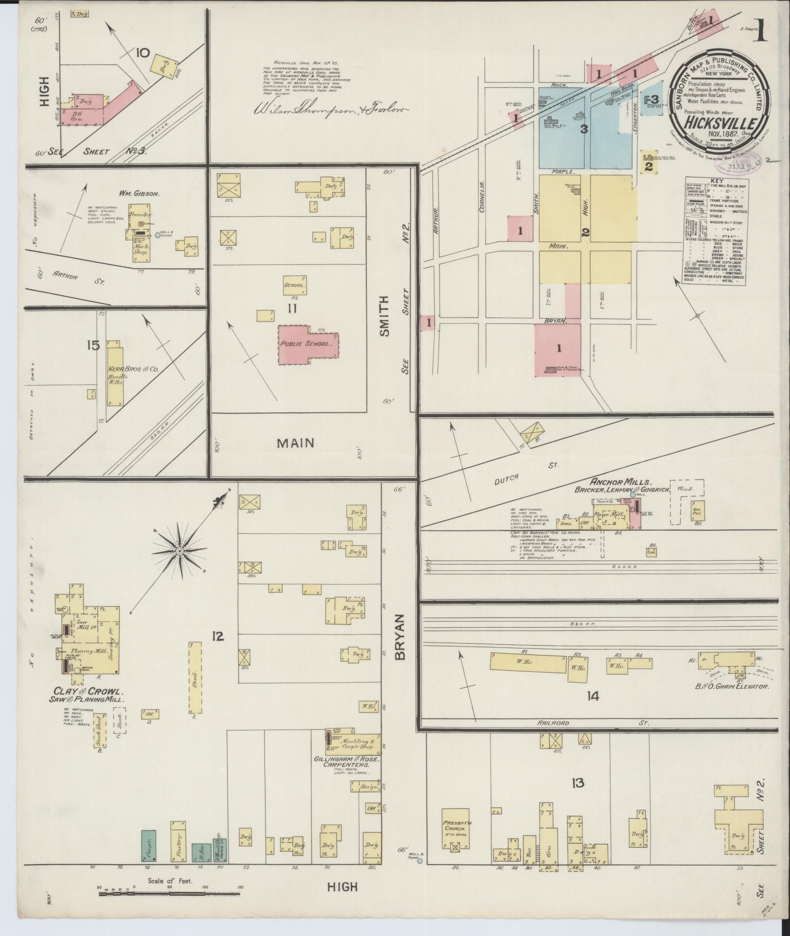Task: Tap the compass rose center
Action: pos(179,551)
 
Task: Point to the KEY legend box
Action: pos(715,231)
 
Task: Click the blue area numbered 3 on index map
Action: pos(584,129)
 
